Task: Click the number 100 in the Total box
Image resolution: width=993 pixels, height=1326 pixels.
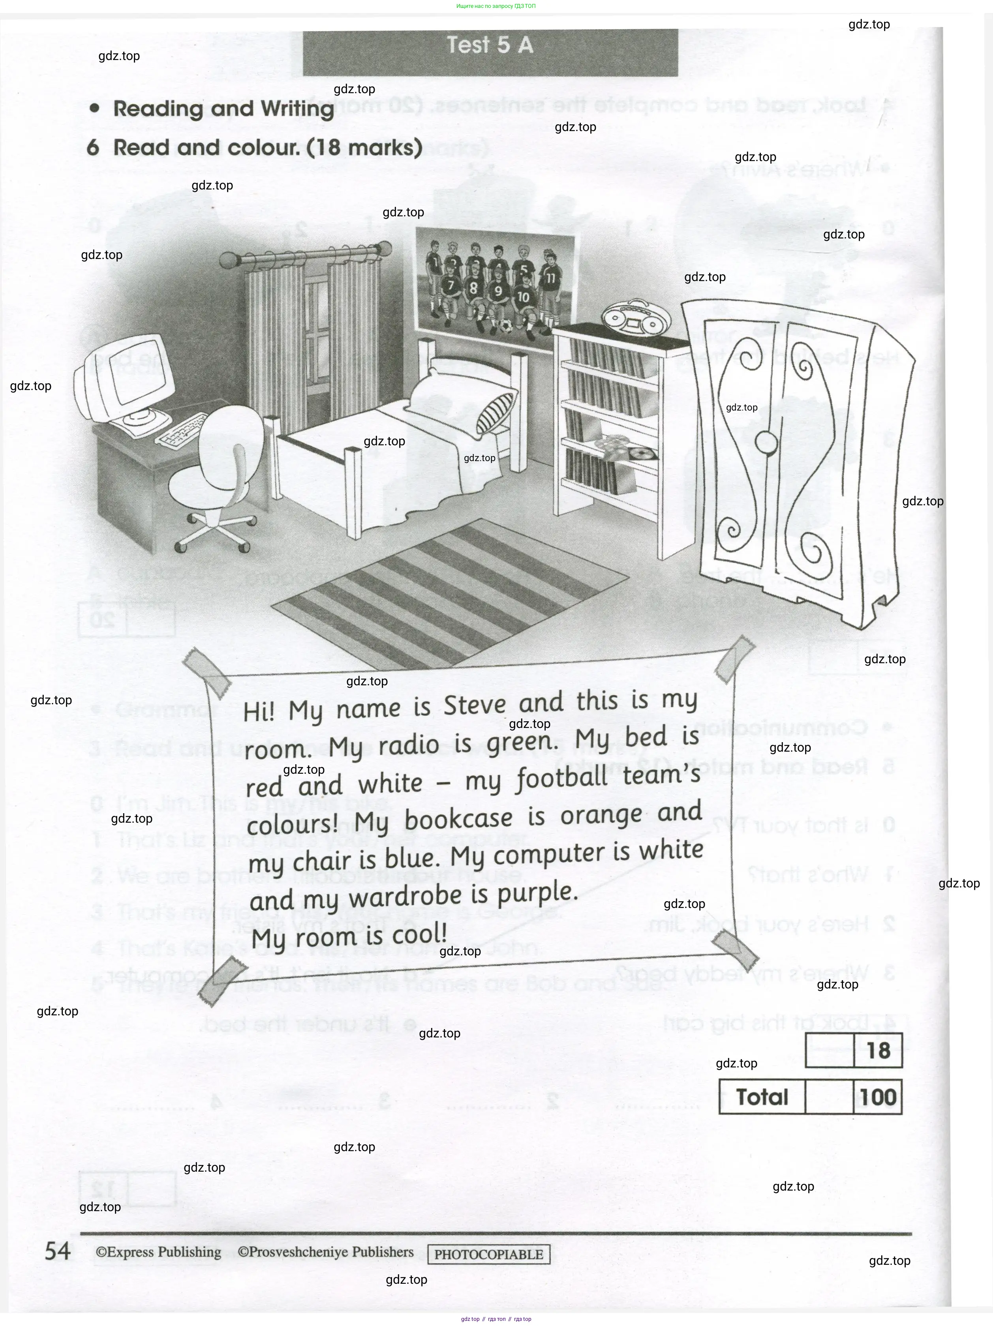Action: (878, 1097)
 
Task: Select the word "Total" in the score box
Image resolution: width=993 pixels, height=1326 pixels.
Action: (762, 1097)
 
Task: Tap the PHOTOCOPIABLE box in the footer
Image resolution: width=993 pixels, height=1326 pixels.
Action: (489, 1254)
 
